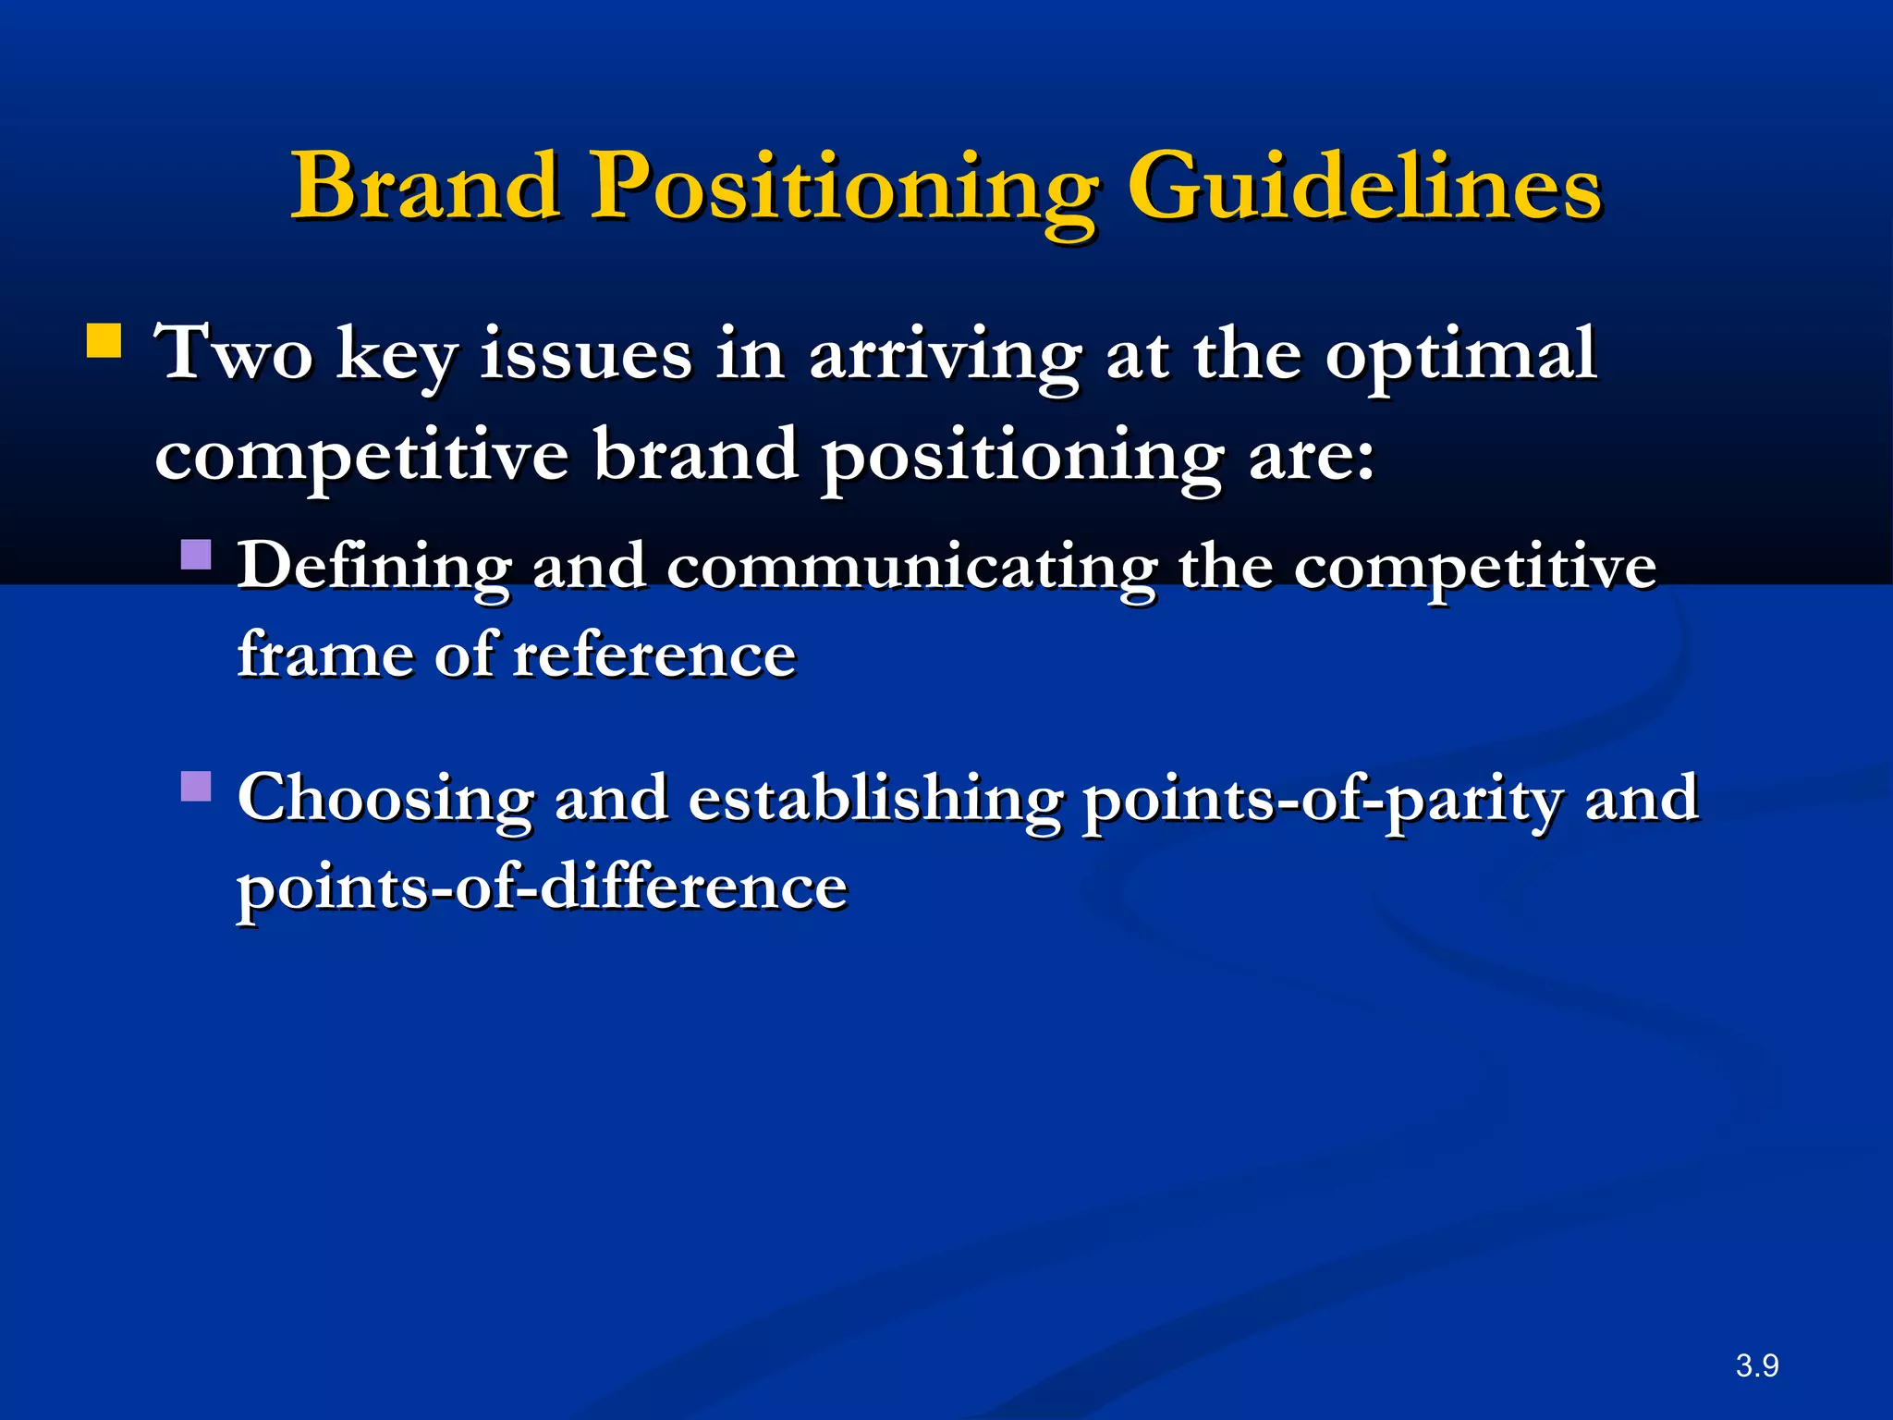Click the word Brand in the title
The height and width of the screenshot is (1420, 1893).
click(x=426, y=187)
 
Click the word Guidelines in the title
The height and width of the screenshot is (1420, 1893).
click(x=1364, y=187)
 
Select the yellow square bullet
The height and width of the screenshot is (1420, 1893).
click(x=104, y=340)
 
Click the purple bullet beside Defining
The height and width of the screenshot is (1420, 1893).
click(x=196, y=555)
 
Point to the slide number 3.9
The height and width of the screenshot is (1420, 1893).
click(x=1756, y=1365)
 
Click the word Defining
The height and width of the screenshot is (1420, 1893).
click(x=373, y=568)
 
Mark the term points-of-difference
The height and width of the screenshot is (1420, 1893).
click(x=542, y=887)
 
